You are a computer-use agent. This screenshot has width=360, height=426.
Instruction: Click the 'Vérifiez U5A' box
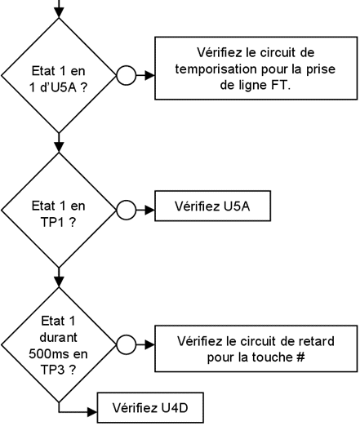[212, 206]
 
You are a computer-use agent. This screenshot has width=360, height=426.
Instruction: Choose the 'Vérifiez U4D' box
[150, 408]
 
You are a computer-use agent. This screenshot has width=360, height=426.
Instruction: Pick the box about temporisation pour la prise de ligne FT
[256, 69]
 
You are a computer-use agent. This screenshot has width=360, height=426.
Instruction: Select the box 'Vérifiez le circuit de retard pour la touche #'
[256, 348]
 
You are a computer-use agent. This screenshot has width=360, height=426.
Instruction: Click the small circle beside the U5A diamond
[126, 75]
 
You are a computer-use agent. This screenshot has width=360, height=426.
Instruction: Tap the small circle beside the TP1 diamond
[126, 210]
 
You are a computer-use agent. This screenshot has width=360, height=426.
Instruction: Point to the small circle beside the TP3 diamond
[126, 344]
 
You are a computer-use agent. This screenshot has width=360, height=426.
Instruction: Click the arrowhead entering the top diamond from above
[59, 13]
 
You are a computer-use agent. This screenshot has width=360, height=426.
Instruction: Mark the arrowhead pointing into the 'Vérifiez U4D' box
[92, 412]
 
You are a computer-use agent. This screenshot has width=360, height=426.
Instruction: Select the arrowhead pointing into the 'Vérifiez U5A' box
[150, 210]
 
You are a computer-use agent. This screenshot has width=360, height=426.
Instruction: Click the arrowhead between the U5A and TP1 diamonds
[59, 148]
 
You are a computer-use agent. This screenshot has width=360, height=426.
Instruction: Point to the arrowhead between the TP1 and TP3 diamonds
[59, 282]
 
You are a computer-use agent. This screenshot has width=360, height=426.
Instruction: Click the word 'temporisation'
[216, 69]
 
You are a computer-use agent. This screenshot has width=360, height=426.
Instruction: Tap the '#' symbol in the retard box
[300, 357]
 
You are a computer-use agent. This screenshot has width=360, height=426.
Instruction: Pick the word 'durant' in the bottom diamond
[58, 337]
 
